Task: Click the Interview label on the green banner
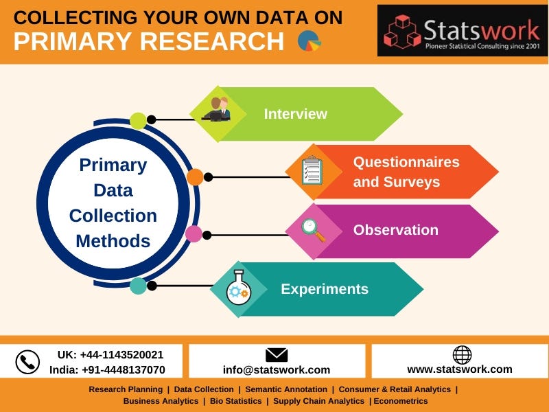pyautogui.click(x=295, y=114)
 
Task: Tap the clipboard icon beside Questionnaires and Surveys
pyautogui.click(x=312, y=171)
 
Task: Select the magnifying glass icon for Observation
pyautogui.click(x=312, y=230)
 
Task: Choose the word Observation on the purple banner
pyautogui.click(x=395, y=230)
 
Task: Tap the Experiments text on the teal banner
pyautogui.click(x=324, y=289)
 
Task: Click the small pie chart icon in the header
pyautogui.click(x=309, y=41)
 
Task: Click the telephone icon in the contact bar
pyautogui.click(x=27, y=362)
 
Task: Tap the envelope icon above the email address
pyautogui.click(x=276, y=355)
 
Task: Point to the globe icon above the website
pyautogui.click(x=462, y=354)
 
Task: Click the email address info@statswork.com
pyautogui.click(x=276, y=369)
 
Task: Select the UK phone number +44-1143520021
pyautogui.click(x=110, y=354)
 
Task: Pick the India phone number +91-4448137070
pyautogui.click(x=107, y=369)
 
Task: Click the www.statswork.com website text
pyautogui.click(x=459, y=369)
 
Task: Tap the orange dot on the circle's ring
pyautogui.click(x=195, y=177)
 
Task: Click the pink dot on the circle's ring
pyautogui.click(x=194, y=234)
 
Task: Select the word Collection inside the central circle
pyautogui.click(x=113, y=216)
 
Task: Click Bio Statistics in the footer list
pyautogui.click(x=235, y=400)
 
